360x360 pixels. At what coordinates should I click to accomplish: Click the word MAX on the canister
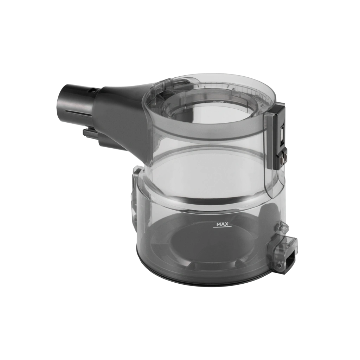222,224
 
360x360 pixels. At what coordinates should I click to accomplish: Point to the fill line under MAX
222,228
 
